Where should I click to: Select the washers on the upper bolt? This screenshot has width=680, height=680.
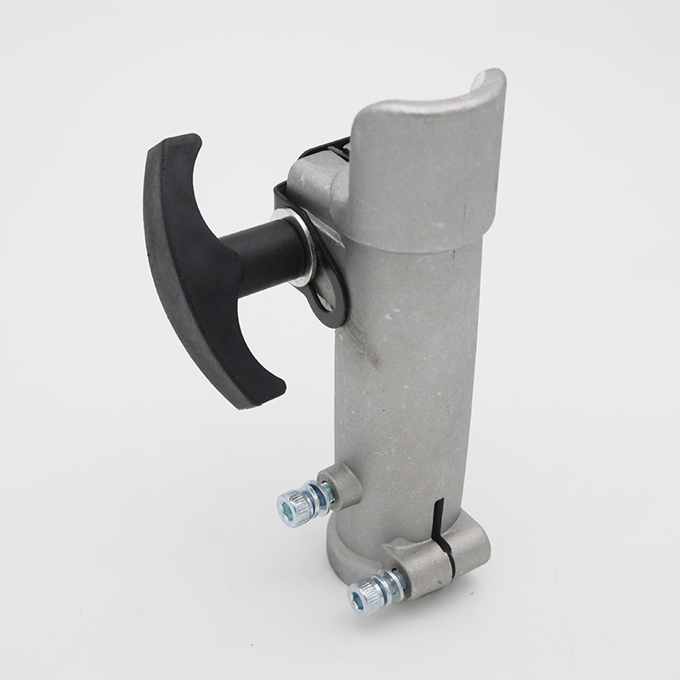click(x=319, y=496)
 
